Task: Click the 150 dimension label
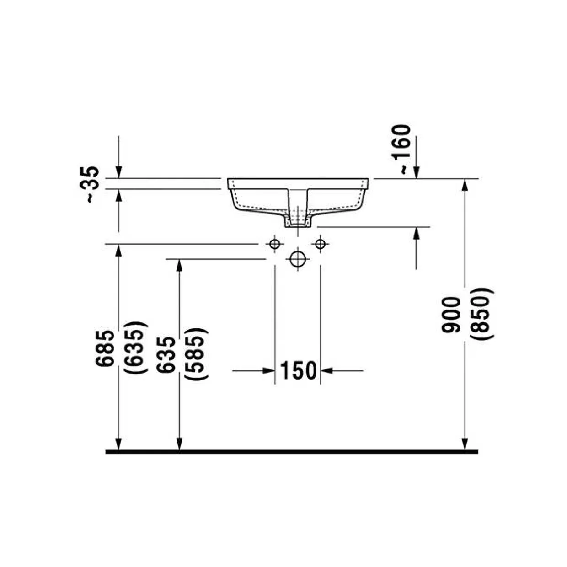(298, 371)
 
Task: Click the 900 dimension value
(450, 315)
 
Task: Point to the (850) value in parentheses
(481, 314)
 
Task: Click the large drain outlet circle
(298, 259)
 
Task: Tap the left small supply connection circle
(275, 244)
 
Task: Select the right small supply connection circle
(320, 244)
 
